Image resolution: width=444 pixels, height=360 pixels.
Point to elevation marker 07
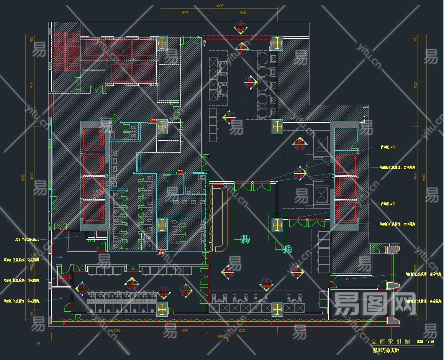229,117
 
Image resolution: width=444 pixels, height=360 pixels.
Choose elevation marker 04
299,144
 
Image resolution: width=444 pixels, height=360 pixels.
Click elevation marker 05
299,173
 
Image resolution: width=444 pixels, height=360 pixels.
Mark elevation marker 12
82,288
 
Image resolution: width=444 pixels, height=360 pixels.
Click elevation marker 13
164,291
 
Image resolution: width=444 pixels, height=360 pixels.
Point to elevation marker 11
186,290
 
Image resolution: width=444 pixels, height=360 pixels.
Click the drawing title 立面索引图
390,341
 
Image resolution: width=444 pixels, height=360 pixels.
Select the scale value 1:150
430,342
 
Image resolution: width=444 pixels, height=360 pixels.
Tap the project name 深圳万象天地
386,350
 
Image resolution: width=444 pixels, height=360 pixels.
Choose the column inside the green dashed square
277,225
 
